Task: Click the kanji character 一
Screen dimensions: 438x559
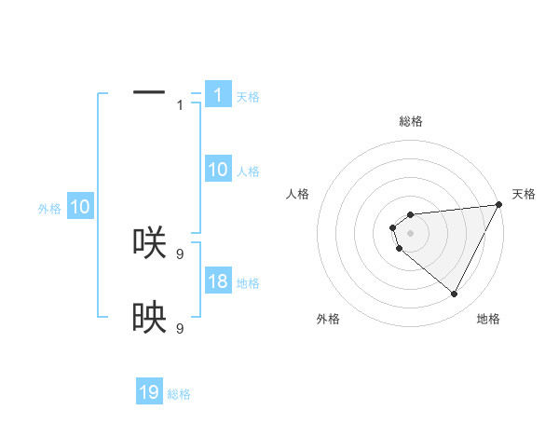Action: click(149, 92)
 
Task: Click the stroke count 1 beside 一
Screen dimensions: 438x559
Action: click(180, 104)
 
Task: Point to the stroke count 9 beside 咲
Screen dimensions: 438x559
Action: click(180, 253)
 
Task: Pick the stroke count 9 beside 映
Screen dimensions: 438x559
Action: click(180, 329)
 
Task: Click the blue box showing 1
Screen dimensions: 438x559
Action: click(218, 95)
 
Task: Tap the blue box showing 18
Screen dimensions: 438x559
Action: click(218, 281)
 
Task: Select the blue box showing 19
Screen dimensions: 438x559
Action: click(149, 392)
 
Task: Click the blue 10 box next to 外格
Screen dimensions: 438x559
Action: click(80, 207)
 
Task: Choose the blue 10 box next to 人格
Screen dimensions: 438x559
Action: click(218, 170)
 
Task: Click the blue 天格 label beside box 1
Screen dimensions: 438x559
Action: click(248, 96)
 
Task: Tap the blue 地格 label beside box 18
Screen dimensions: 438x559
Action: click(248, 282)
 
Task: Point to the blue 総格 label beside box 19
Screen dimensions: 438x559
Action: click(179, 393)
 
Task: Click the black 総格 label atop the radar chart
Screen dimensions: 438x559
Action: click(410, 121)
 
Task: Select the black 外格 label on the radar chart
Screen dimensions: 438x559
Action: click(328, 320)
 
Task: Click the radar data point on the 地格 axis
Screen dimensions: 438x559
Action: click(455, 294)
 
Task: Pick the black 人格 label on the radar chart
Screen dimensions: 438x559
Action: click(298, 194)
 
